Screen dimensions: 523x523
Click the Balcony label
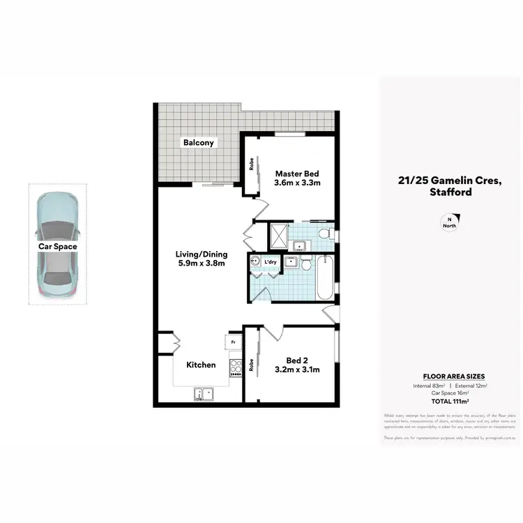pos(199,143)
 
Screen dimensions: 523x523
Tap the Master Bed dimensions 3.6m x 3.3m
pos(297,184)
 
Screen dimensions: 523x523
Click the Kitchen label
pos(201,365)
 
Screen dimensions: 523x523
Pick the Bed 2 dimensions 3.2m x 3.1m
pos(296,370)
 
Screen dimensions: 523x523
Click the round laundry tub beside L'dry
pos(255,263)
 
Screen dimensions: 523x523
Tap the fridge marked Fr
pos(232,342)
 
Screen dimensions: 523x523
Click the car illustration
pos(57,244)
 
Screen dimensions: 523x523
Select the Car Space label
pos(57,246)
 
